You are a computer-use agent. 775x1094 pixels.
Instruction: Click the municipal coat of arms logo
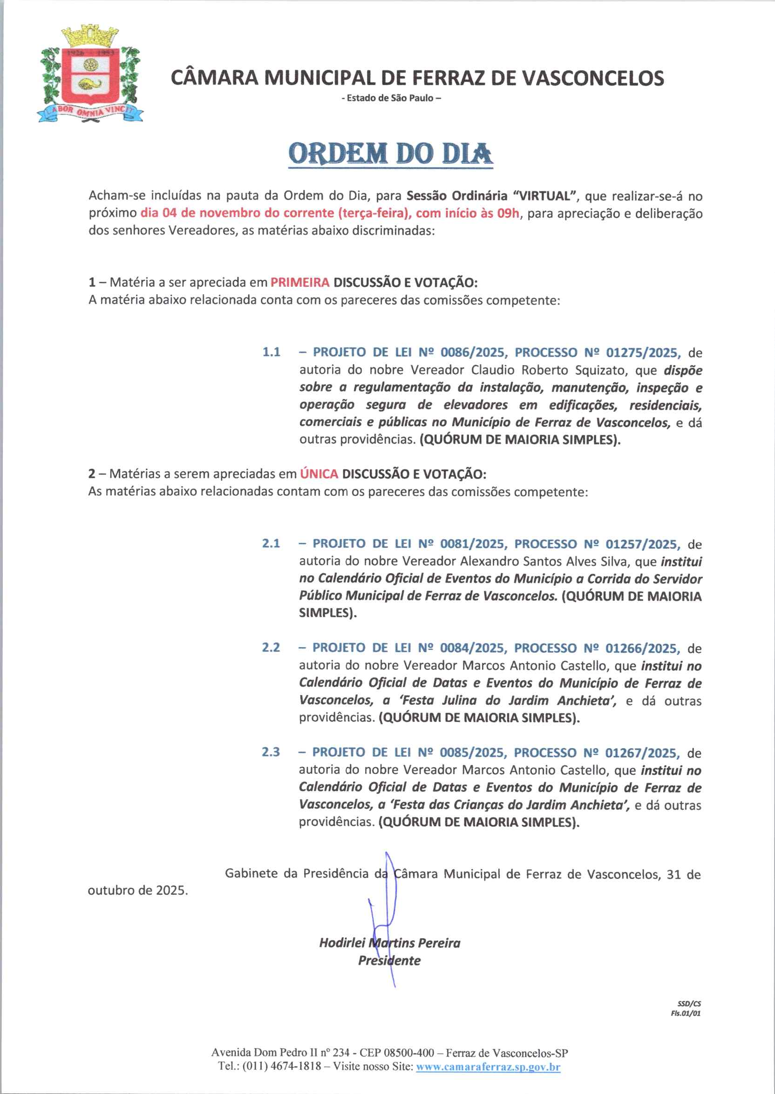pyautogui.click(x=90, y=74)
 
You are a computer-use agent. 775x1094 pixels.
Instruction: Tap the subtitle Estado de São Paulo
pyautogui.click(x=391, y=98)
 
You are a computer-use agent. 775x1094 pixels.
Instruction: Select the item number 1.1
pyautogui.click(x=271, y=352)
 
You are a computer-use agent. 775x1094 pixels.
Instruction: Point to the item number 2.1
pyautogui.click(x=271, y=544)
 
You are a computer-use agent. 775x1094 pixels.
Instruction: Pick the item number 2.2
pyautogui.click(x=271, y=648)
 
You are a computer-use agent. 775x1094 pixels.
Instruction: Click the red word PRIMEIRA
pyautogui.click(x=299, y=282)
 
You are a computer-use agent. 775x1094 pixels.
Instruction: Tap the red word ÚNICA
pyautogui.click(x=319, y=474)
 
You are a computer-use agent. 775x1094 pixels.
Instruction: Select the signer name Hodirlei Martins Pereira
pyautogui.click(x=389, y=943)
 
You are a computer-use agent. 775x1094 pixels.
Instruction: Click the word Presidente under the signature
pyautogui.click(x=389, y=960)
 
